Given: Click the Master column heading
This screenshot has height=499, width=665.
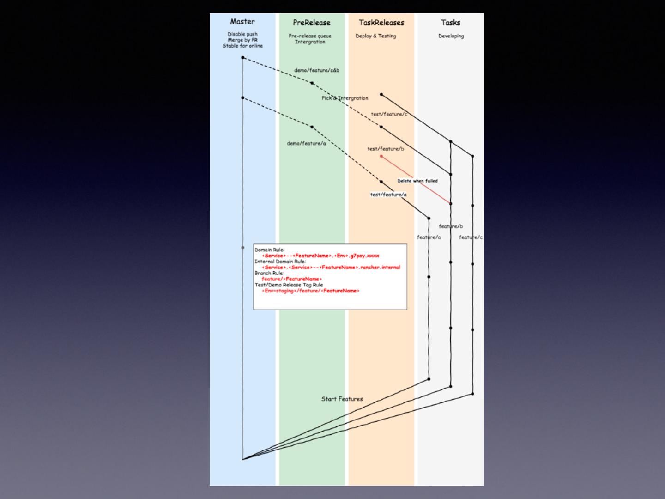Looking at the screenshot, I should [x=242, y=22].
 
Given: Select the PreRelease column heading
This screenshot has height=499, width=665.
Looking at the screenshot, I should [x=312, y=23].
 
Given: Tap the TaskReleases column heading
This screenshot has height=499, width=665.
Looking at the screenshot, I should [x=381, y=23].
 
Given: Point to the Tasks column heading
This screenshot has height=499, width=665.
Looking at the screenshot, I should [x=450, y=23].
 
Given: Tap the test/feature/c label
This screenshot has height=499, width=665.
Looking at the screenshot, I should [x=389, y=114].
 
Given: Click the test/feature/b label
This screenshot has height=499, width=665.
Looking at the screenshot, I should [x=386, y=149].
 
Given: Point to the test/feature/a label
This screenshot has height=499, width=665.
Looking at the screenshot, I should [x=388, y=195].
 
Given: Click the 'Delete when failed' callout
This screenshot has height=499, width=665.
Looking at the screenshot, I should [x=417, y=181].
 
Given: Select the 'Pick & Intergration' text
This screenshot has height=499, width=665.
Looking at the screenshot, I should [x=345, y=98].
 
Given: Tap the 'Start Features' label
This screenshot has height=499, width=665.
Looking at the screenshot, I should [x=342, y=399].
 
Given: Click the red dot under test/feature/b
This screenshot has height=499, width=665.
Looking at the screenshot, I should [x=381, y=156].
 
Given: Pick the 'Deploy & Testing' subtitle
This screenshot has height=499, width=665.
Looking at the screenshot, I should [x=375, y=36].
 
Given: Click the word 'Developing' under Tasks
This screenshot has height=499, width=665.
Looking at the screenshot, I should [x=451, y=36].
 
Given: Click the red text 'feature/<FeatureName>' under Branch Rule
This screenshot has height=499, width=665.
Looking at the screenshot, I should [x=291, y=279].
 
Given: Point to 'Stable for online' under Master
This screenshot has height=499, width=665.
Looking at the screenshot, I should [x=242, y=46].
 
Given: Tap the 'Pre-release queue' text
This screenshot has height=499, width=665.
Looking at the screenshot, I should [x=310, y=36].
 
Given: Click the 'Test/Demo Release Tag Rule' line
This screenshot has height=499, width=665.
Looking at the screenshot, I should [x=289, y=285].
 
